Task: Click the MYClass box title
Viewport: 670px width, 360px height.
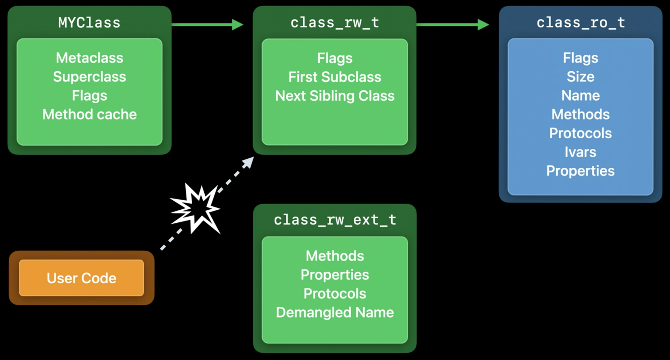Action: [89, 23]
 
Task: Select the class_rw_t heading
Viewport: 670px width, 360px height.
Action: [335, 23]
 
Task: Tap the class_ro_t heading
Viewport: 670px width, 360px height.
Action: [581, 23]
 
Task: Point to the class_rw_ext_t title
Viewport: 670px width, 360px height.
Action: [335, 220]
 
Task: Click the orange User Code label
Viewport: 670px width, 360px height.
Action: [81, 278]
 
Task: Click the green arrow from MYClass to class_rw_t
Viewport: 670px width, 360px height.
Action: [207, 24]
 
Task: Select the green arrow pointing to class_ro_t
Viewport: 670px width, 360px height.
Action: [453, 24]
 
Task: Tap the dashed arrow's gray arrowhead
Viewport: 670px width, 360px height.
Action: [248, 162]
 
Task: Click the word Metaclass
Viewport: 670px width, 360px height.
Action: [89, 58]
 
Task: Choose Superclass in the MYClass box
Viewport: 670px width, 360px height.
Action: [89, 77]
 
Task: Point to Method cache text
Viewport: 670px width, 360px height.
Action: [89, 114]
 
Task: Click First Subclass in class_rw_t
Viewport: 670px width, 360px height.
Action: [335, 77]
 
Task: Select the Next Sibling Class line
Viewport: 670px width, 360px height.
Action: [335, 96]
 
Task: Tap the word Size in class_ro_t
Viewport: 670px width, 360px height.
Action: [581, 77]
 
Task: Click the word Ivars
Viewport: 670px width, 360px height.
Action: [581, 152]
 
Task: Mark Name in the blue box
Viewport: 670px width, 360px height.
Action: [581, 96]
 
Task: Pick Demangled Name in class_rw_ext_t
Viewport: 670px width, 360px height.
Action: [335, 312]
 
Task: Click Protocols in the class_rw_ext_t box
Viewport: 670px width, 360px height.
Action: [335, 293]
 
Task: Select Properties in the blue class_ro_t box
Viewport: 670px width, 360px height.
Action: [581, 171]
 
